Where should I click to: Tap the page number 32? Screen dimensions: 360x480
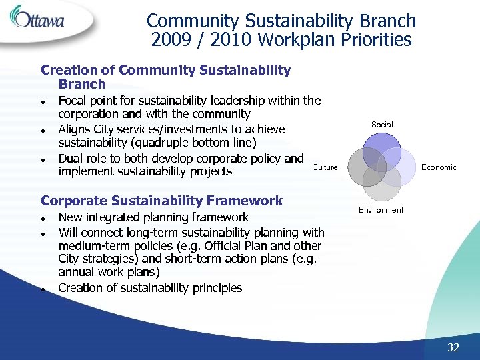click(x=453, y=347)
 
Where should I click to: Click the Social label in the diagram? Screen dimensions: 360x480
click(x=382, y=125)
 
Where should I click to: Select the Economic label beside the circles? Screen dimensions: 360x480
click(x=439, y=167)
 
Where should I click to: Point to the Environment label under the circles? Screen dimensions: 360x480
click(x=381, y=210)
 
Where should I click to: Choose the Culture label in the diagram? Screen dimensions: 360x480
click(x=325, y=167)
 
